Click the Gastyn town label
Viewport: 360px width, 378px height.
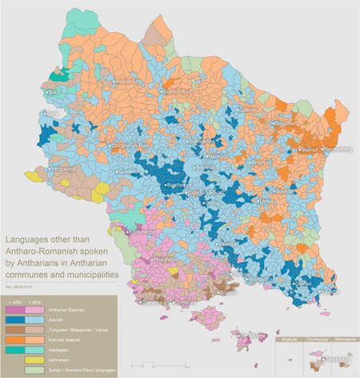click(x=248, y=110)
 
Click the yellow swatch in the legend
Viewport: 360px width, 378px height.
click(x=34, y=360)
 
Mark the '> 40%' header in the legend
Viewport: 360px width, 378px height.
click(x=15, y=300)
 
